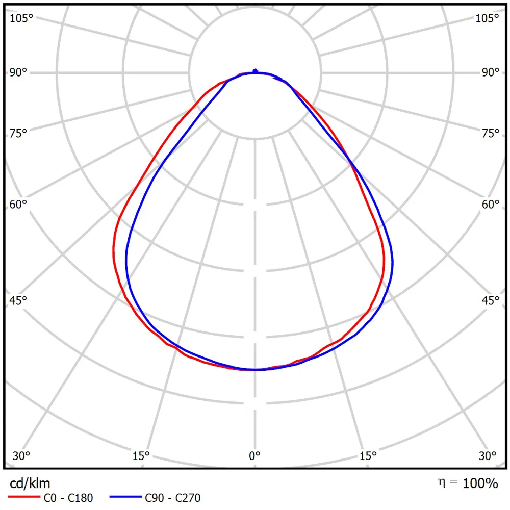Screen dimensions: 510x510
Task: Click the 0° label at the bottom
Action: [x=254, y=455]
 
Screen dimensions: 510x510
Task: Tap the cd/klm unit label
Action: [x=30, y=482]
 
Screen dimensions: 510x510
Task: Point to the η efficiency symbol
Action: [x=441, y=481]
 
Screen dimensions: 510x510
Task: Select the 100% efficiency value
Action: [x=480, y=483]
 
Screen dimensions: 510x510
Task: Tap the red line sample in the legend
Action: [x=23, y=496]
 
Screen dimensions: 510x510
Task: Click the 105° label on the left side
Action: [x=21, y=18]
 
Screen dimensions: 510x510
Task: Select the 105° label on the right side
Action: [x=487, y=18]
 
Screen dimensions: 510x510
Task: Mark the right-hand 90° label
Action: [x=491, y=72]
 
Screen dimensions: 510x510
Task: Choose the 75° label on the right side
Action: [x=491, y=134]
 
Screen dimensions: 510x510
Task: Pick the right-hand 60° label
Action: [x=491, y=205]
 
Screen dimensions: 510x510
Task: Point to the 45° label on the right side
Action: [x=491, y=300]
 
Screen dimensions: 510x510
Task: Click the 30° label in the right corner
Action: [x=488, y=455]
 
